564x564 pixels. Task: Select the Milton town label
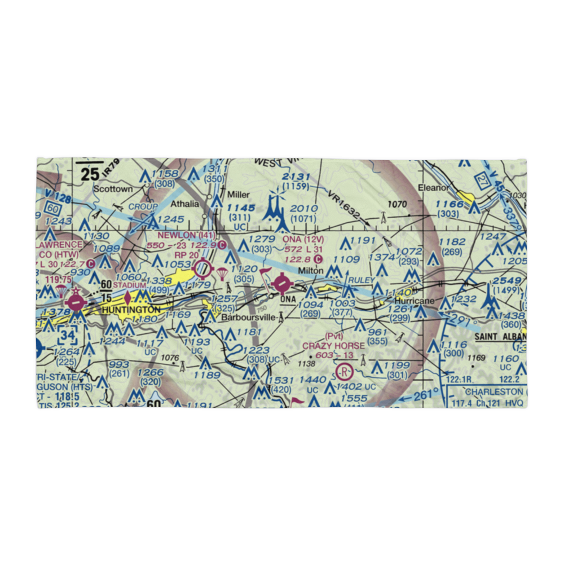tap(311, 271)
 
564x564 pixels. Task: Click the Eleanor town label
tap(433, 188)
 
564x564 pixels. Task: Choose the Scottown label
tap(113, 189)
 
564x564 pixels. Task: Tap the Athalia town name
tap(184, 204)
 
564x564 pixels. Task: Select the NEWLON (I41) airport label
tap(179, 235)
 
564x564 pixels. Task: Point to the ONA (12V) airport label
tap(302, 239)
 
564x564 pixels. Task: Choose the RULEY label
tap(362, 280)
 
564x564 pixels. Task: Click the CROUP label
tap(143, 207)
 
